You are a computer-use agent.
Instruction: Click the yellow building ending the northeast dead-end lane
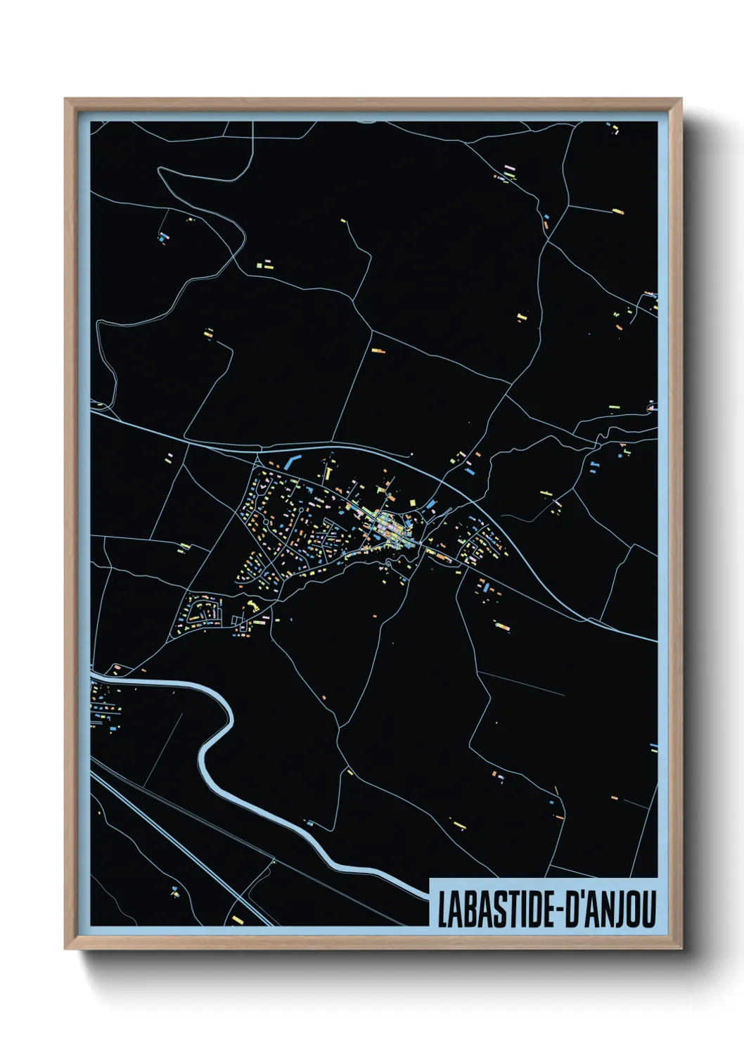pyautogui.click(x=618, y=210)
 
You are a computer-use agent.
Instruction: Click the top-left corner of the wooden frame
pyautogui.click(x=66, y=100)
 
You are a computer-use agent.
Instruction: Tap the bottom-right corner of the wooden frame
pyautogui.click(x=681, y=948)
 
